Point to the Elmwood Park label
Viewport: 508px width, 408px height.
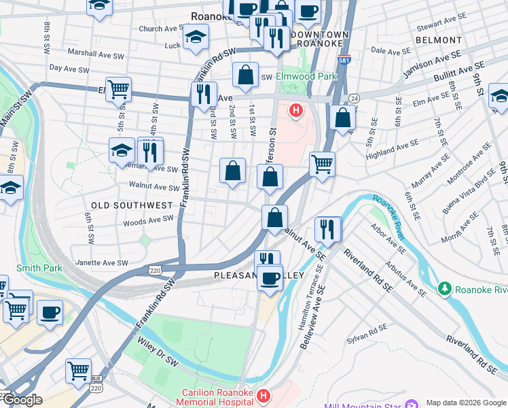[306, 77]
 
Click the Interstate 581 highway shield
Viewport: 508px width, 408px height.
[344, 60]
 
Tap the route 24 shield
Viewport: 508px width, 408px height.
[353, 99]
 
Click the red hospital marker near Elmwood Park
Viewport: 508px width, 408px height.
[296, 110]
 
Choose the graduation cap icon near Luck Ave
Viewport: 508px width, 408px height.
[195, 37]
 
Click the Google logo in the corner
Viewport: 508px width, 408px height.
[22, 400]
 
